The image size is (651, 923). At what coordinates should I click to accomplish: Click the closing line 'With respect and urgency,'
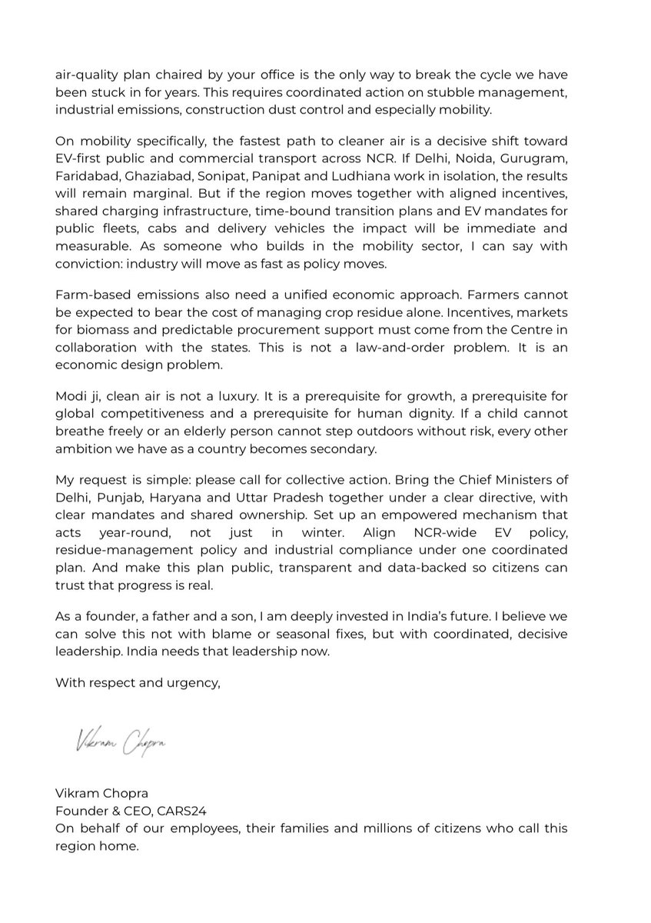click(x=138, y=680)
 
